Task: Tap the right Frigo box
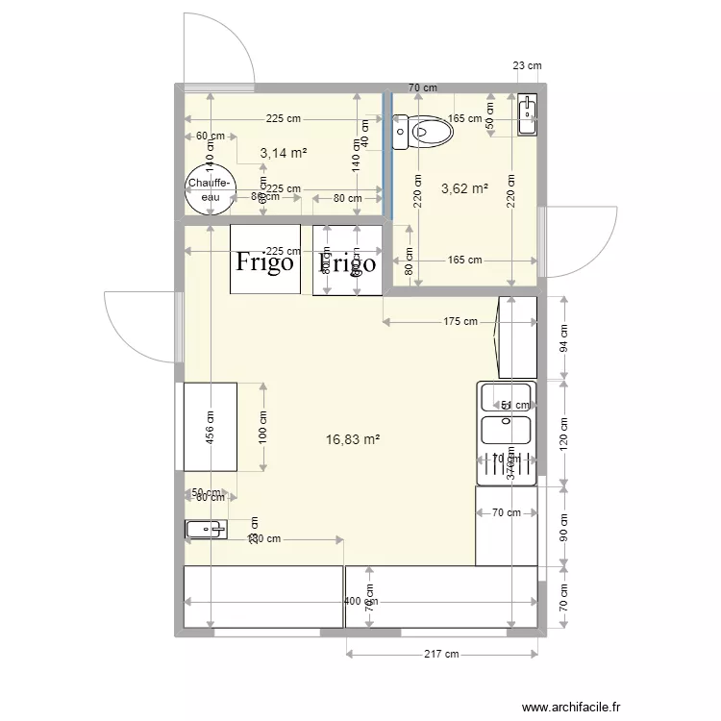coord(347,260)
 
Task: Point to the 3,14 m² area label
coord(284,153)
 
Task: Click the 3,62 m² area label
coord(464,188)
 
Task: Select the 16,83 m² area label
coord(353,439)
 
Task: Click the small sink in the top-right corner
coord(527,115)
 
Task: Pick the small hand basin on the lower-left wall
coord(205,528)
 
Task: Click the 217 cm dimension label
coord(441,655)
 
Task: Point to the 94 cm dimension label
coord(564,337)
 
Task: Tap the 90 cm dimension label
coord(564,529)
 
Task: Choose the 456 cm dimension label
coord(211,427)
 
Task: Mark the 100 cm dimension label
coord(262,427)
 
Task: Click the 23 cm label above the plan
coord(527,65)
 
